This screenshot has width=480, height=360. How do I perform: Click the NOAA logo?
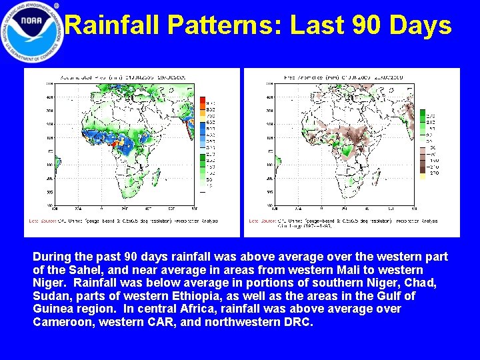pos(32,31)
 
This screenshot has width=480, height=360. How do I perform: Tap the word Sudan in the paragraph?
pos(51,296)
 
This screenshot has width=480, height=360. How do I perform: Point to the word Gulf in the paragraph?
pos(387,296)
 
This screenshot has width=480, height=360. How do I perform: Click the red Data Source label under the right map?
pos(261,221)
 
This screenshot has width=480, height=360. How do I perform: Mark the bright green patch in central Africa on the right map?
pos(351,151)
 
